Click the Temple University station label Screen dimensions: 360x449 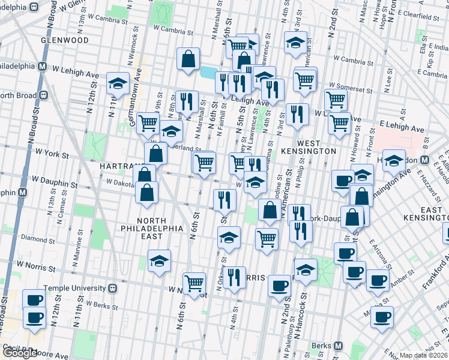[x=74, y=287]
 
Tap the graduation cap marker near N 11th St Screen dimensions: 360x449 [x=118, y=85]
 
